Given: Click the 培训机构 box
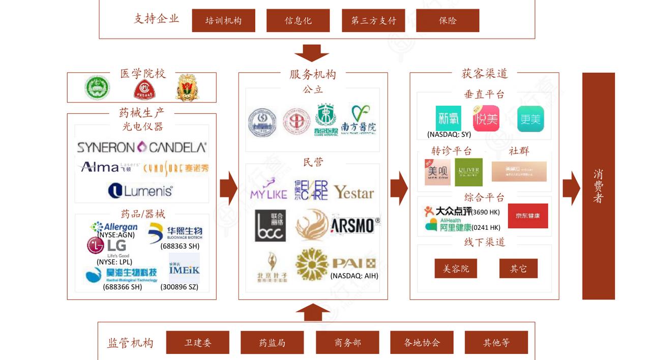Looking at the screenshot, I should pos(223,20).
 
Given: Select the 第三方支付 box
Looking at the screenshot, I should pos(373,20).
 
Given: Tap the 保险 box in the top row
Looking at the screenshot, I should pos(448,20).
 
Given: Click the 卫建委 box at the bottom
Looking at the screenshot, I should pos(197,342).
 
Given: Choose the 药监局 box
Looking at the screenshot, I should pos(272,342).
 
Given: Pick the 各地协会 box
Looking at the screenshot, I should pos(422,342).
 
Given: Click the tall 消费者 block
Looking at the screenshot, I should pos(598,186).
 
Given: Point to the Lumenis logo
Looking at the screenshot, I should pos(140,191).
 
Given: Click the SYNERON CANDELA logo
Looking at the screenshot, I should pos(141,147).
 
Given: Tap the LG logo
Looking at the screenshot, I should pos(107,246).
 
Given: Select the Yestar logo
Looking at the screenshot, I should pos(353,192).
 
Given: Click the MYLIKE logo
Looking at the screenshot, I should pos(269,189).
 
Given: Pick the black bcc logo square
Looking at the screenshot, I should pos(270,225).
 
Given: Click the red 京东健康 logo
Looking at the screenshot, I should pos(528,216).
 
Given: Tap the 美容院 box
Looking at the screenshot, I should pos(455,268).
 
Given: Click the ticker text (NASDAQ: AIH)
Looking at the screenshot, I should pos(354,276).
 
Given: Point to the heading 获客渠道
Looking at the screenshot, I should pos(484,74).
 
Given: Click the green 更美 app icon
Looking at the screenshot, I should pos(530,118).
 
